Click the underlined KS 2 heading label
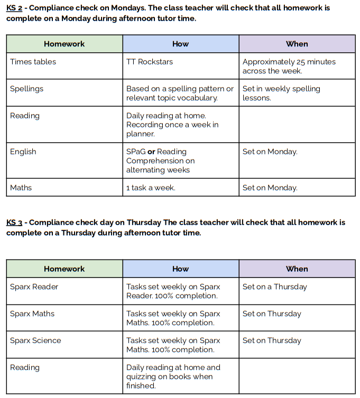(14, 8)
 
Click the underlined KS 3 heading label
(14, 223)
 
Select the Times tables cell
(33, 62)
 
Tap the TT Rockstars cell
(150, 62)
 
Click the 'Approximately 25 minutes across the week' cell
(289, 66)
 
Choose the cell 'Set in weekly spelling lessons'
(281, 93)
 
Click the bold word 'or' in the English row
(151, 152)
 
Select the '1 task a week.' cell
(151, 188)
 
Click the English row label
(23, 152)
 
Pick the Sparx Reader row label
(34, 287)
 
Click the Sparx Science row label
(35, 341)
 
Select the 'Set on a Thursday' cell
(274, 287)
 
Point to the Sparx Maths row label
(32, 314)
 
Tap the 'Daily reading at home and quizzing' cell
(173, 376)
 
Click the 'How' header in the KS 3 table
(180, 269)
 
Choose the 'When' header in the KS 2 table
(297, 44)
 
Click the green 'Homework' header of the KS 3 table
(64, 269)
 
